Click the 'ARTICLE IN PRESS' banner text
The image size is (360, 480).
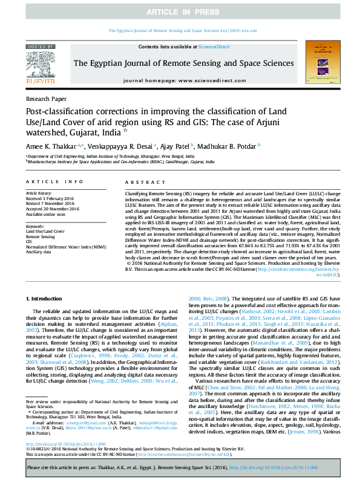coord(180,12)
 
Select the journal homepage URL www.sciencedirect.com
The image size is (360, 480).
coord(207,80)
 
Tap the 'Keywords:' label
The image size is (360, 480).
coord(36,226)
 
